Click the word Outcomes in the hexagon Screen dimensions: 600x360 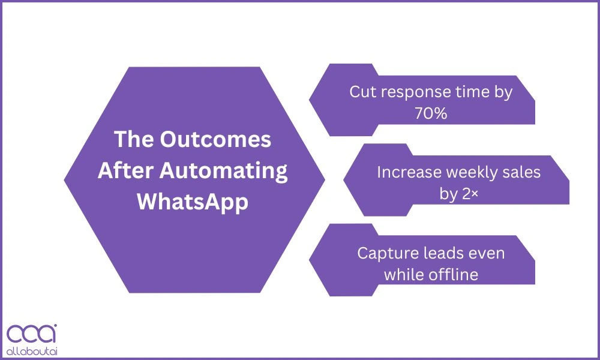pos(215,139)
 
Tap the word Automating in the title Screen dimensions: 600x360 pos(223,171)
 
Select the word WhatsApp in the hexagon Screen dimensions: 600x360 pos(193,202)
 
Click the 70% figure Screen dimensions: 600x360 pos(431,113)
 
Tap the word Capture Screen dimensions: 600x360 pos(387,254)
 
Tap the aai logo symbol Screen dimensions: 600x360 pos(32,333)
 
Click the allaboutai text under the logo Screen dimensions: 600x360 pos(32,351)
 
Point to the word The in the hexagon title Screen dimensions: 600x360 pos(134,139)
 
